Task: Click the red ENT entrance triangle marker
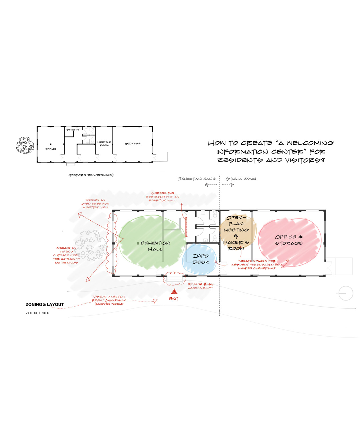click(x=174, y=291)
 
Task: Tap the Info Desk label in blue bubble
click(x=201, y=259)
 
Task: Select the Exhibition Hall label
click(x=155, y=246)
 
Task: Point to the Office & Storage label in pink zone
click(x=289, y=240)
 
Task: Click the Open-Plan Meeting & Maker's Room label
click(x=236, y=233)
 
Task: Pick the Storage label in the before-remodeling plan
click(x=133, y=143)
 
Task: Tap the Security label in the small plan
click(x=73, y=130)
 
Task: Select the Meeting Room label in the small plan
click(x=104, y=143)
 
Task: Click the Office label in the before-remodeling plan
click(x=50, y=149)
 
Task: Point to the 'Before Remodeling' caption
click(x=91, y=175)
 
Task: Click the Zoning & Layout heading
click(x=45, y=304)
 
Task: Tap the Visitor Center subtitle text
click(x=37, y=313)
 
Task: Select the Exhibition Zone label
click(x=196, y=179)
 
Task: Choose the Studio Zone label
click(x=241, y=179)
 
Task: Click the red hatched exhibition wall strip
click(x=186, y=227)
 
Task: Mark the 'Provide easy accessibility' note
click(x=200, y=286)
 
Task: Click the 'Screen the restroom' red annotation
click(x=162, y=197)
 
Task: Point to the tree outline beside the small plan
click(x=25, y=145)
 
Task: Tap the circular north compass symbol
click(x=346, y=293)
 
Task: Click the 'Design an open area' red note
click(x=95, y=204)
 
